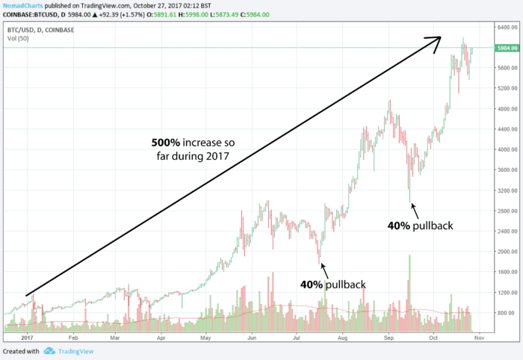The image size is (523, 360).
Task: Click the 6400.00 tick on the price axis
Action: pyautogui.click(x=504, y=27)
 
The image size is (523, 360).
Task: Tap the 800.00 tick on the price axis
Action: pyautogui.click(x=504, y=313)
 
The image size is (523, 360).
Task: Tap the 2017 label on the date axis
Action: pyautogui.click(x=28, y=338)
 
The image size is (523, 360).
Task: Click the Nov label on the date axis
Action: pyautogui.click(x=479, y=338)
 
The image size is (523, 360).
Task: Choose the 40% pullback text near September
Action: pyautogui.click(x=421, y=224)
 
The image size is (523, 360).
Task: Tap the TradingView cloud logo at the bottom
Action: pyautogui.click(x=49, y=351)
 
